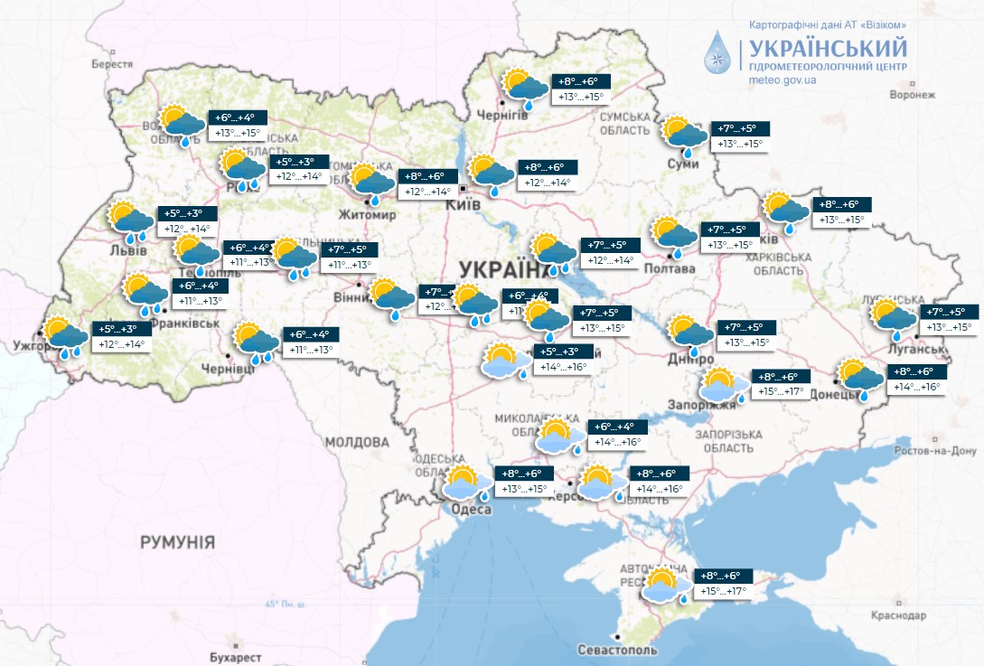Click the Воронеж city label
911,94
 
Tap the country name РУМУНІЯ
177,542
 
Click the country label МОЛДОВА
356,443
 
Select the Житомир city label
367,215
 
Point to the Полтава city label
670,268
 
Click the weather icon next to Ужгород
66,336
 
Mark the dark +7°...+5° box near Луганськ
947,312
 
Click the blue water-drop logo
721,52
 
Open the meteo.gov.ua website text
783,80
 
